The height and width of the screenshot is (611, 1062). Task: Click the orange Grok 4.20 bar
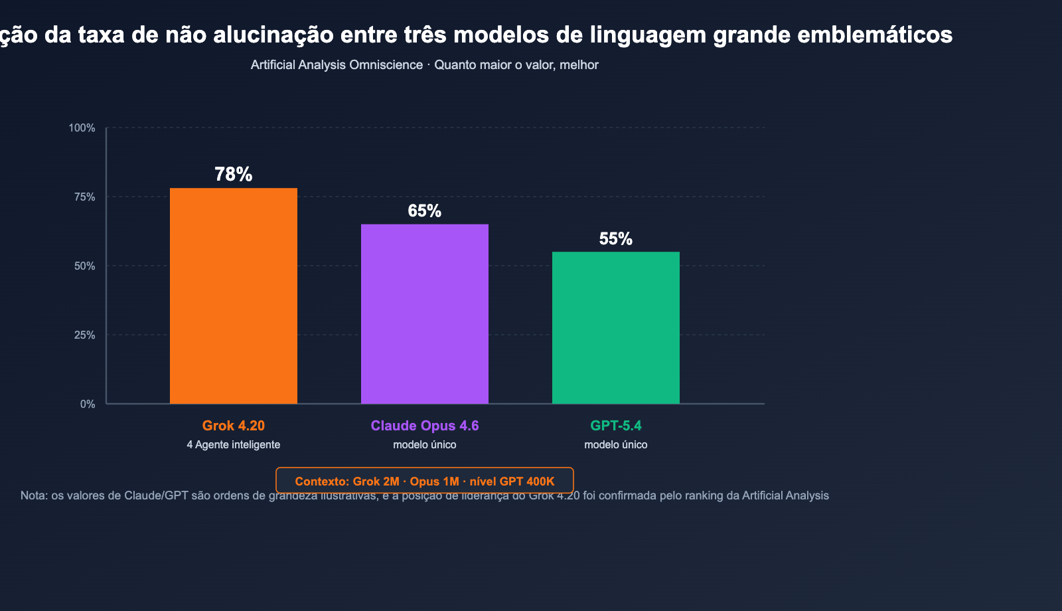click(234, 296)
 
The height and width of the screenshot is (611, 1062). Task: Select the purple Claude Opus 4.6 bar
click(425, 313)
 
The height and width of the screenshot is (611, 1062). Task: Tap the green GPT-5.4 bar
click(616, 327)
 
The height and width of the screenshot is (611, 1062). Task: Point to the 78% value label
click(234, 175)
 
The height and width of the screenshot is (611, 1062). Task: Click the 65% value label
click(425, 211)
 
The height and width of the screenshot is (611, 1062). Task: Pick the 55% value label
click(616, 239)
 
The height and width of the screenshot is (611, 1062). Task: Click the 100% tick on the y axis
click(82, 128)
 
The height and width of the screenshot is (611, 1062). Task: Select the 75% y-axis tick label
click(84, 197)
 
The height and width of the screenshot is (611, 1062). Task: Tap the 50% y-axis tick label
click(84, 266)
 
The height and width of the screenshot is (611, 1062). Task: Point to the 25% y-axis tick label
click(84, 335)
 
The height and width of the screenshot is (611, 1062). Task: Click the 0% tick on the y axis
click(88, 404)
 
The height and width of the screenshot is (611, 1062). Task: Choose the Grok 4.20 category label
click(234, 426)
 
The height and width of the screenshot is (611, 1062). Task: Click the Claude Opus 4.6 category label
click(425, 426)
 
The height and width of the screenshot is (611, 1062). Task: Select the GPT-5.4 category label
click(616, 426)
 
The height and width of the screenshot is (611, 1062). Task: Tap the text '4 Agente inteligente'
click(234, 445)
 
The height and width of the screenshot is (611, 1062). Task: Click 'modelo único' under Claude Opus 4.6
click(425, 445)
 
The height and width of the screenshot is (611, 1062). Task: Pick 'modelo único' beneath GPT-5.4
click(616, 445)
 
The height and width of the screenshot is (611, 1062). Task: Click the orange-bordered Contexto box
click(425, 481)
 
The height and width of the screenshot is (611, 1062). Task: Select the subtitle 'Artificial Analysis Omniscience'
click(337, 65)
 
